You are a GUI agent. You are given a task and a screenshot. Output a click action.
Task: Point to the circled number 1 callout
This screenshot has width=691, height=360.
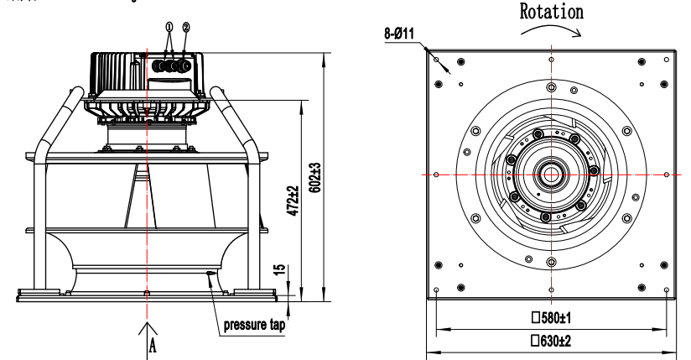tap(169, 27)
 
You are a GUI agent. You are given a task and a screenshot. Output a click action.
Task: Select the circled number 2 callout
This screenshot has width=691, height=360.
tap(185, 27)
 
